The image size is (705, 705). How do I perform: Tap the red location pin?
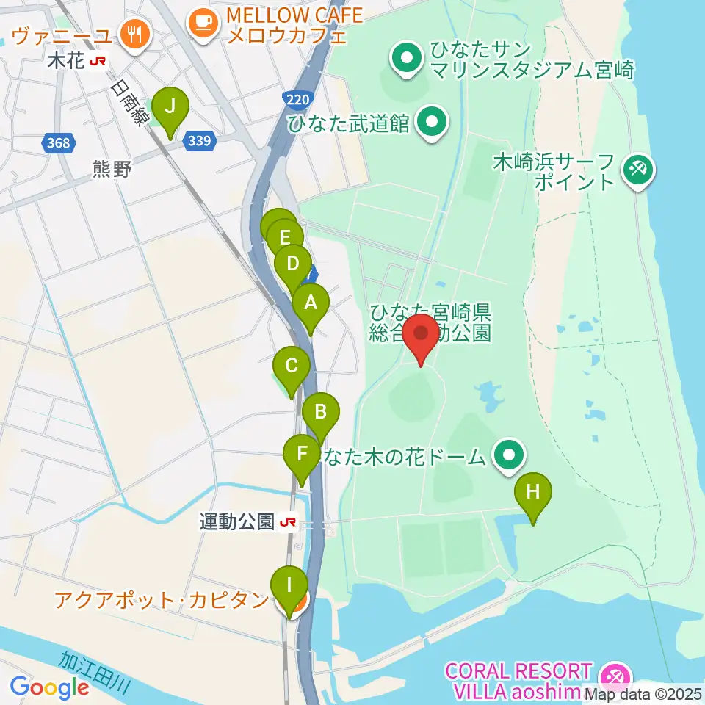(x=422, y=336)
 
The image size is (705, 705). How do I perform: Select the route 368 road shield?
(x=58, y=142)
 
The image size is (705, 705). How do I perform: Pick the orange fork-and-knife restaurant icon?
(x=134, y=34)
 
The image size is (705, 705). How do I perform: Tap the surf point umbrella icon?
(x=636, y=171)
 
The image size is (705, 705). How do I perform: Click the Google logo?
(x=49, y=688)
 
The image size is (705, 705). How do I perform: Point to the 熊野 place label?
(x=112, y=170)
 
